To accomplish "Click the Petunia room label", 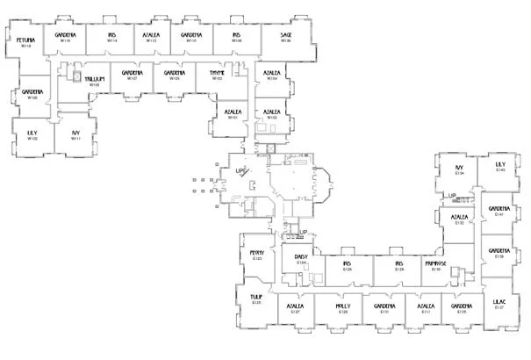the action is (x=25, y=40).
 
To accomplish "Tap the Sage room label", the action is (x=286, y=35).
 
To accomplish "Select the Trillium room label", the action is (x=95, y=79).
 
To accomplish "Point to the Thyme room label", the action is (x=218, y=74).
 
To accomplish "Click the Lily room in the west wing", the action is (x=32, y=133).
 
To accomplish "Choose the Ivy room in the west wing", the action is (x=76, y=133).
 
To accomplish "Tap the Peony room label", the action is (x=257, y=253).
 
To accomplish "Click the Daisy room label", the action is (x=301, y=257).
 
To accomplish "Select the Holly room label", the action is (x=343, y=306).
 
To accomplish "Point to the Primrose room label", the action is (x=436, y=263).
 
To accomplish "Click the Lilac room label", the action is (x=499, y=302).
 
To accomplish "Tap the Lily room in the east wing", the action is (x=500, y=164).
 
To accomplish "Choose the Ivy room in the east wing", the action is (x=458, y=168).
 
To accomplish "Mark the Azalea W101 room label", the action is (x=233, y=112).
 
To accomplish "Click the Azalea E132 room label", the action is (x=459, y=217).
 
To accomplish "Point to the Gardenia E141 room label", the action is (x=499, y=209).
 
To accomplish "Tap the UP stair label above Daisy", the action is (x=303, y=232).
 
